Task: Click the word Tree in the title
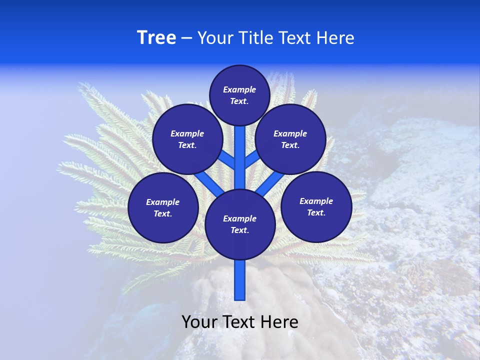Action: [156, 38]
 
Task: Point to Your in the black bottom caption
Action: [199, 322]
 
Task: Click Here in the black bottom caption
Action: [279, 322]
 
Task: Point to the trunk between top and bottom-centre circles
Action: [240, 157]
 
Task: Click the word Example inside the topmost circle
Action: [239, 90]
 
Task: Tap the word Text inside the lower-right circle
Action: [316, 212]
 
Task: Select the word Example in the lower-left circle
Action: [162, 202]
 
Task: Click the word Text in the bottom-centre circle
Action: [239, 230]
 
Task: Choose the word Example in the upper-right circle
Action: [290, 133]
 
